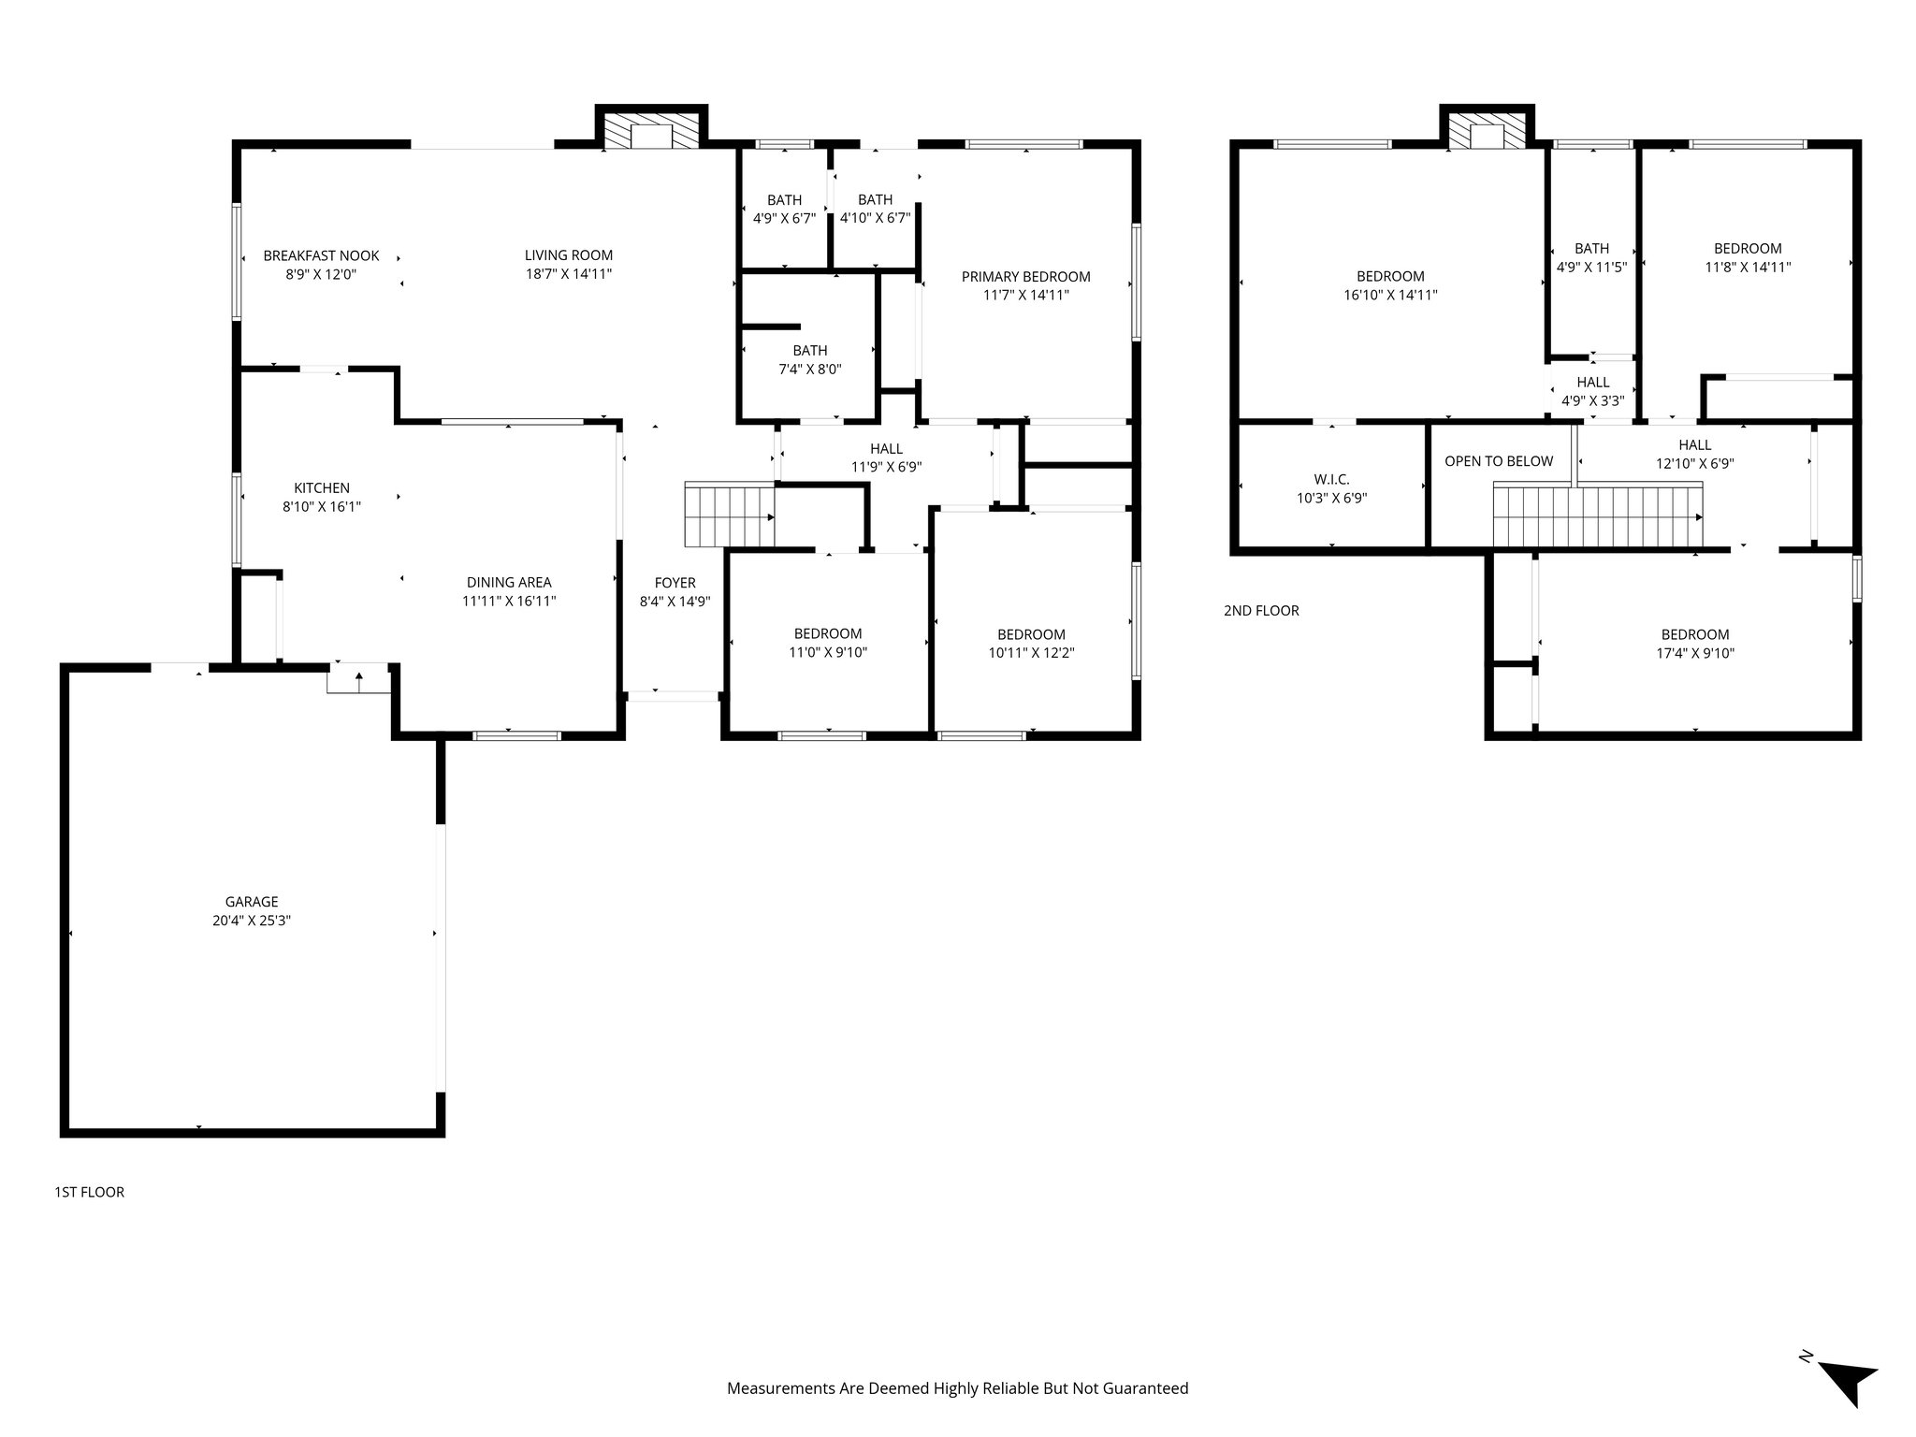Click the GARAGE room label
[251, 902]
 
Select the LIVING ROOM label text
[568, 255]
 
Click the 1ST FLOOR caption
[89, 1192]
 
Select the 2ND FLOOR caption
[1261, 611]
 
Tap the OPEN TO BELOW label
[1498, 461]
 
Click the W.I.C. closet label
[1331, 480]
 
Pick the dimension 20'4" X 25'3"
[251, 921]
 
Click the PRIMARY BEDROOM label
[1025, 277]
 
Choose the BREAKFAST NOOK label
[321, 255]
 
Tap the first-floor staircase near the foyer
[729, 515]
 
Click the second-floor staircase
[1596, 515]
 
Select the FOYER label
[675, 583]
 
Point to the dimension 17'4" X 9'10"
[1694, 654]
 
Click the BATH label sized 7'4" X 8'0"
[809, 351]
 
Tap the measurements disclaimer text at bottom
[957, 1388]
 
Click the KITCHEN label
[321, 488]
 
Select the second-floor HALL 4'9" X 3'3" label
[1592, 382]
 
